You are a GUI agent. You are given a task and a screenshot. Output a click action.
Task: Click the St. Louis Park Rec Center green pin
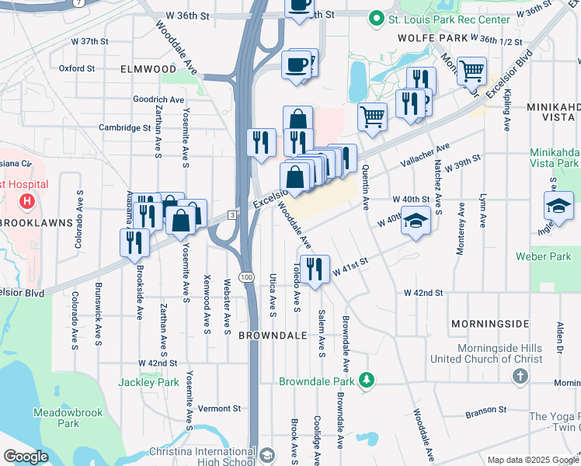[x=377, y=17]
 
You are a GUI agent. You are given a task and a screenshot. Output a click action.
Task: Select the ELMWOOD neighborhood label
[x=148, y=69]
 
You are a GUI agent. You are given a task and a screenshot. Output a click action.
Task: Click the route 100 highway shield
[x=247, y=277]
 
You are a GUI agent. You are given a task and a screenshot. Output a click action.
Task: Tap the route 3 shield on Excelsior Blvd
[x=231, y=214]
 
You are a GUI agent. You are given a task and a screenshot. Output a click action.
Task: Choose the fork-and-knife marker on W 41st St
[x=315, y=270]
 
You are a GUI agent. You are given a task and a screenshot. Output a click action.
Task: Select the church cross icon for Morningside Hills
[x=520, y=376]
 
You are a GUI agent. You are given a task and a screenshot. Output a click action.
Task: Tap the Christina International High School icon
[x=266, y=454]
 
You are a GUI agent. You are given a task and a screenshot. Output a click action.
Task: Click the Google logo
[x=26, y=457]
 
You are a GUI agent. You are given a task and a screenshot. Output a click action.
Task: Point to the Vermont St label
[x=220, y=409]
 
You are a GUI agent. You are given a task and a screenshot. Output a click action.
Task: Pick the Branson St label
[x=485, y=409]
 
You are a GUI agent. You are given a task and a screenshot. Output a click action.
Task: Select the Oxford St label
[x=77, y=68]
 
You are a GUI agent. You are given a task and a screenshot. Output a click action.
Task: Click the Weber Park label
[x=548, y=256]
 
